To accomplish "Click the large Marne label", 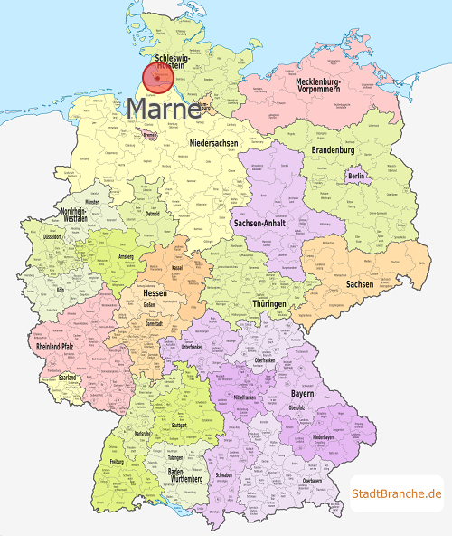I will (164, 110).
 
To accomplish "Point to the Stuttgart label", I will (178, 424).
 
